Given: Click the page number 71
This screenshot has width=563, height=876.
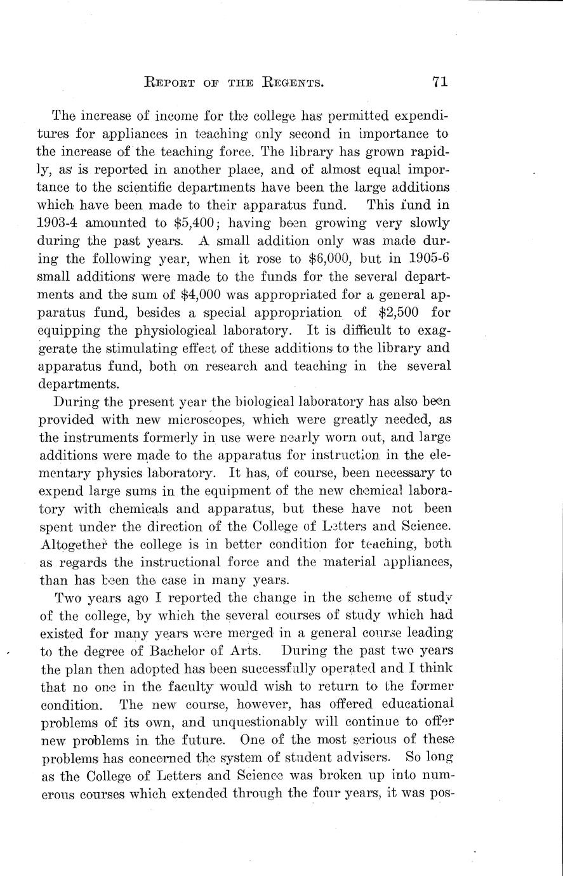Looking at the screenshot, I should [x=440, y=81].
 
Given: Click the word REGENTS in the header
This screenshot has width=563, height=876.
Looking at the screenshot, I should [x=289, y=83].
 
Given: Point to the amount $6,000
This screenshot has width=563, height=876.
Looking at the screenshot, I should [x=302, y=259].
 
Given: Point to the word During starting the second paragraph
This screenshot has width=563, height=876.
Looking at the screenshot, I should [x=76, y=401].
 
